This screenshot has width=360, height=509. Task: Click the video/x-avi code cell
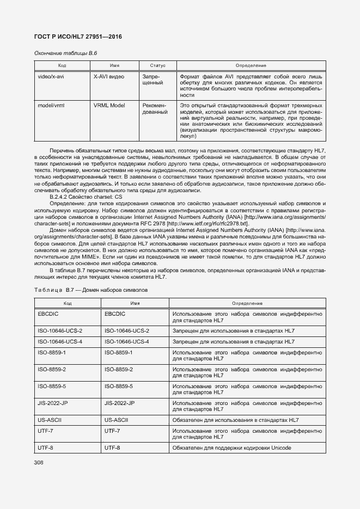(x=51, y=77)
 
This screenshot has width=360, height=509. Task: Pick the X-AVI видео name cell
(x=109, y=77)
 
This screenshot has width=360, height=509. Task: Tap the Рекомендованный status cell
(x=154, y=108)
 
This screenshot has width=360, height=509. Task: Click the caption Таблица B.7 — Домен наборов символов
(x=90, y=290)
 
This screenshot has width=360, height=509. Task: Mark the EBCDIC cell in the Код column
(x=48, y=314)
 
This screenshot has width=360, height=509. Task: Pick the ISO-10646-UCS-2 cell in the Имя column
(x=126, y=330)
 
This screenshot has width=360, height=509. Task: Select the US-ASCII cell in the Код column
(x=50, y=420)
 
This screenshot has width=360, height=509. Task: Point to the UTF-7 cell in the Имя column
(x=112, y=430)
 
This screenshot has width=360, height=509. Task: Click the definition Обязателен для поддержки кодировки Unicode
(x=231, y=447)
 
